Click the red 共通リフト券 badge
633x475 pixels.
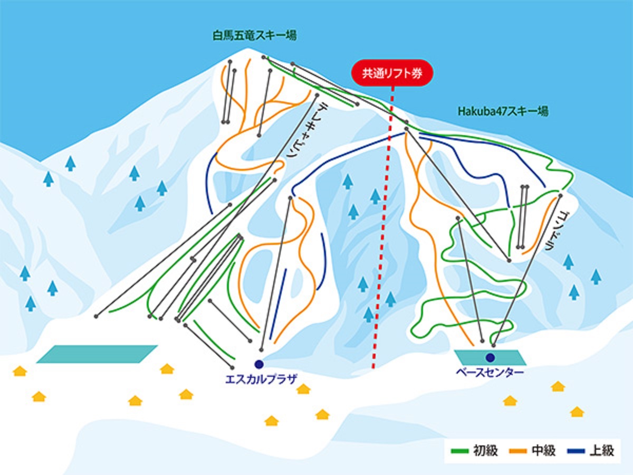pyautogui.click(x=392, y=73)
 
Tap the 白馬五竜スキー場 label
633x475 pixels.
pyautogui.click(x=255, y=36)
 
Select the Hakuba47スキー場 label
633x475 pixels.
pyautogui.click(x=503, y=111)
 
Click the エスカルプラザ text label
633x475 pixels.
pyautogui.click(x=261, y=379)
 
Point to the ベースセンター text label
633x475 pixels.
pyautogui.click(x=490, y=372)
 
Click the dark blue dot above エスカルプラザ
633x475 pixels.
pyautogui.click(x=259, y=364)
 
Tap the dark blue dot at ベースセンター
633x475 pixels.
pyautogui.click(x=490, y=358)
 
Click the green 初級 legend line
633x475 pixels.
pyautogui.click(x=459, y=451)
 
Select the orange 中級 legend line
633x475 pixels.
pyautogui.click(x=518, y=451)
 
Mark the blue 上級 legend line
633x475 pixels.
pyautogui.click(x=576, y=451)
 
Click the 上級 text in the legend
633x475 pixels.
pyautogui.click(x=601, y=451)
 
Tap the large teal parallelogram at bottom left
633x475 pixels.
pyautogui.click(x=97, y=354)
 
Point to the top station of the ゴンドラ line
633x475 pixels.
pyautogui.click(x=560, y=195)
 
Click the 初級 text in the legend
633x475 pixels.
pyautogui.click(x=486, y=451)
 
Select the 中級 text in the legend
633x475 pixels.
pyautogui.click(x=544, y=451)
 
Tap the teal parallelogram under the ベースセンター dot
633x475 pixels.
pyautogui.click(x=490, y=358)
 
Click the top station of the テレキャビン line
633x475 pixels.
pyautogui.click(x=317, y=95)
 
